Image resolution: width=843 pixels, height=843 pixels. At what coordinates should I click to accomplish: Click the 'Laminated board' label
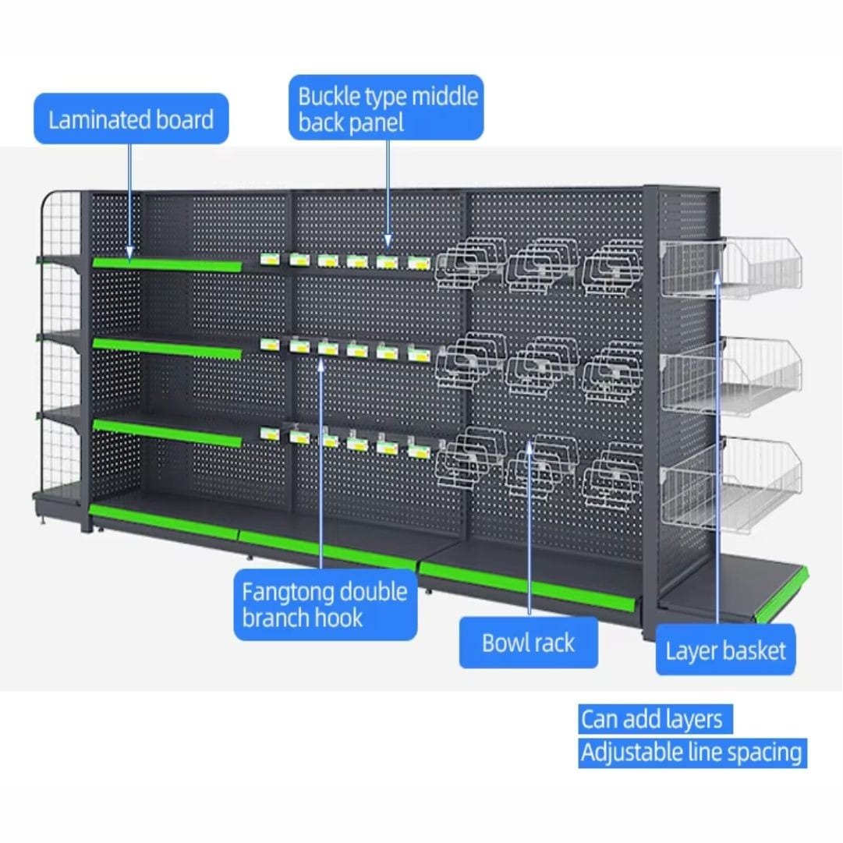point(131,119)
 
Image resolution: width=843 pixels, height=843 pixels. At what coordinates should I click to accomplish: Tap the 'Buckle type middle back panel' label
point(387,108)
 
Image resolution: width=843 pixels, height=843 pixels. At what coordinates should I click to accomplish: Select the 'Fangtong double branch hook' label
point(324,604)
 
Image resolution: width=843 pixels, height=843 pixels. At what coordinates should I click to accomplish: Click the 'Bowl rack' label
point(528,643)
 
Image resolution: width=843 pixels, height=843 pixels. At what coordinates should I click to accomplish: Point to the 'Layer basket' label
point(725,650)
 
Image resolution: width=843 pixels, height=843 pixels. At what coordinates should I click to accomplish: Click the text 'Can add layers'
point(651,719)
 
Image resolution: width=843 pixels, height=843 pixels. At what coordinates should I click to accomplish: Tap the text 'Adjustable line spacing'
point(691,753)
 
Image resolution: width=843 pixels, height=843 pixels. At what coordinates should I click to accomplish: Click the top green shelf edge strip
point(167,264)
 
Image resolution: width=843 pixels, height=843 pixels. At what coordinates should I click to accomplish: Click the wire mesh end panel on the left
point(61,343)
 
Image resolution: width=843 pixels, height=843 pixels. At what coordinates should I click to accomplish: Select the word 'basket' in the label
point(755,650)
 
